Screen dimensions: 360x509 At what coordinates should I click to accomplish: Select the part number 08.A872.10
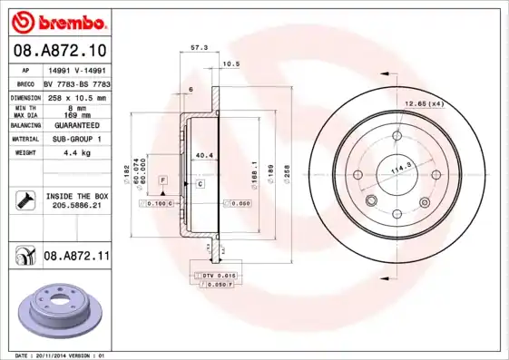click(60, 49)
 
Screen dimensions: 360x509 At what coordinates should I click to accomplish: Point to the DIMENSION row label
click(27, 96)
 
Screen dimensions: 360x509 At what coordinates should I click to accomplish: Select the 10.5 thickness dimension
click(231, 63)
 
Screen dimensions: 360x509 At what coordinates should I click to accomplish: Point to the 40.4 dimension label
click(204, 155)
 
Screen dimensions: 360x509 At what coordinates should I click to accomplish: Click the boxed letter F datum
click(162, 181)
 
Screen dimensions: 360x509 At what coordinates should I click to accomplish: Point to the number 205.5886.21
click(75, 206)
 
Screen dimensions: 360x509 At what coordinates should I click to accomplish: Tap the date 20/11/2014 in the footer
click(55, 355)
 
